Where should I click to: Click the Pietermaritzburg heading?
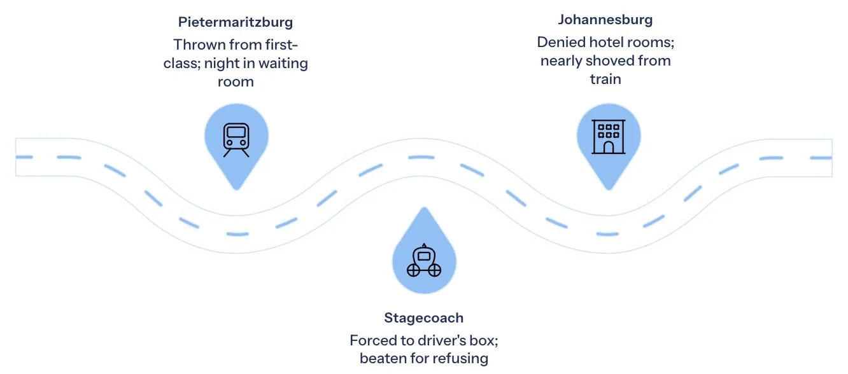pos(236,22)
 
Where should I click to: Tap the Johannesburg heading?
pos(605,19)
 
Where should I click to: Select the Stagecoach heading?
pos(423,317)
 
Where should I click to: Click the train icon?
pos(236,139)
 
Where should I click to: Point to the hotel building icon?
pos(609,137)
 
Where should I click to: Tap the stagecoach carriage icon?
pos(423,261)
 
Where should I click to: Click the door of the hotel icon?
pos(609,148)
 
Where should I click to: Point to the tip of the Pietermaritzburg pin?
pos(236,188)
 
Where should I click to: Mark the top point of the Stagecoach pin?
pos(423,208)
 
